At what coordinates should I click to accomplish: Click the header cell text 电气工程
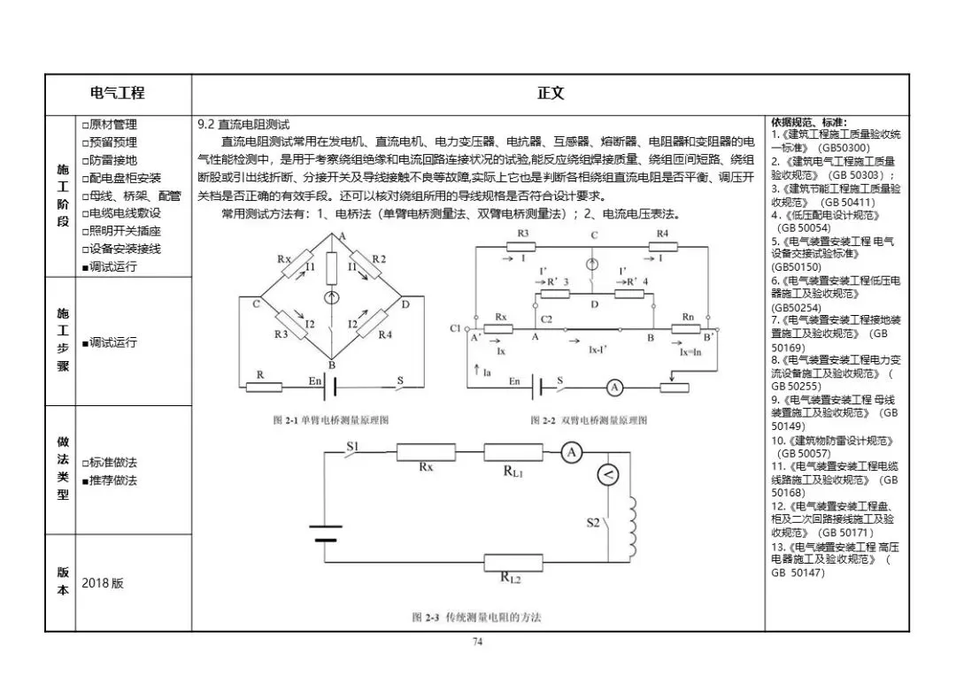[118, 93]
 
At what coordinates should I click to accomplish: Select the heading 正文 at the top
[550, 93]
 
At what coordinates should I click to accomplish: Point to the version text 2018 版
[103, 584]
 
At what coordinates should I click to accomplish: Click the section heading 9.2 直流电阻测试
[243, 125]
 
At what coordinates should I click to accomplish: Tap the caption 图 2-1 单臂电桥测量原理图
[331, 420]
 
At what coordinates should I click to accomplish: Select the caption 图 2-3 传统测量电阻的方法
[476, 617]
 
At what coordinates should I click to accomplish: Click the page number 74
[477, 642]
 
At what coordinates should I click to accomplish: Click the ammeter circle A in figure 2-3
[572, 452]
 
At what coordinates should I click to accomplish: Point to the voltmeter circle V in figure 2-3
[607, 476]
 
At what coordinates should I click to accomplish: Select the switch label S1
[351, 447]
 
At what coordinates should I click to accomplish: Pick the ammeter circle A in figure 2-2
[616, 387]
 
